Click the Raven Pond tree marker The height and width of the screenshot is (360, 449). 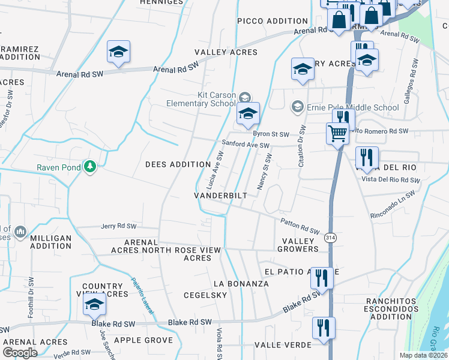pyautogui.click(x=90, y=167)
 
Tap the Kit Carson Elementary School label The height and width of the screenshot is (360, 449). pyautogui.click(x=217, y=99)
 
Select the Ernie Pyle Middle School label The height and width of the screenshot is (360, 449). pyautogui.click(x=352, y=107)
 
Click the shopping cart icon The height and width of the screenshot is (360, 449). pyautogui.click(x=337, y=133)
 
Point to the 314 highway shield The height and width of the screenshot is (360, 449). pyautogui.click(x=331, y=238)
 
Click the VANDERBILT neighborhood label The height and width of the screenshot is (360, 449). pyautogui.click(x=221, y=196)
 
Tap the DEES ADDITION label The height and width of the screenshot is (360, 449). pyautogui.click(x=178, y=164)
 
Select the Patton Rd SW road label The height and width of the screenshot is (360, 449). pyautogui.click(x=300, y=226)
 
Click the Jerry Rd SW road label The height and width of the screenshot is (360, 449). pyautogui.click(x=119, y=226)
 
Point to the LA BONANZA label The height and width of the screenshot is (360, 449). pyautogui.click(x=241, y=283)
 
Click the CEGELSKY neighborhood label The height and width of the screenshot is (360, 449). pyautogui.click(x=205, y=295)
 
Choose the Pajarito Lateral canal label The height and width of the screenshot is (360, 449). pyautogui.click(x=140, y=296)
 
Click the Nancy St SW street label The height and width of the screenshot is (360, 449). pyautogui.click(x=265, y=172)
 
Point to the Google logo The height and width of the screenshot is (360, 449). pyautogui.click(x=20, y=353)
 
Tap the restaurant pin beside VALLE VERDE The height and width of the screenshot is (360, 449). pyautogui.click(x=324, y=329)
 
